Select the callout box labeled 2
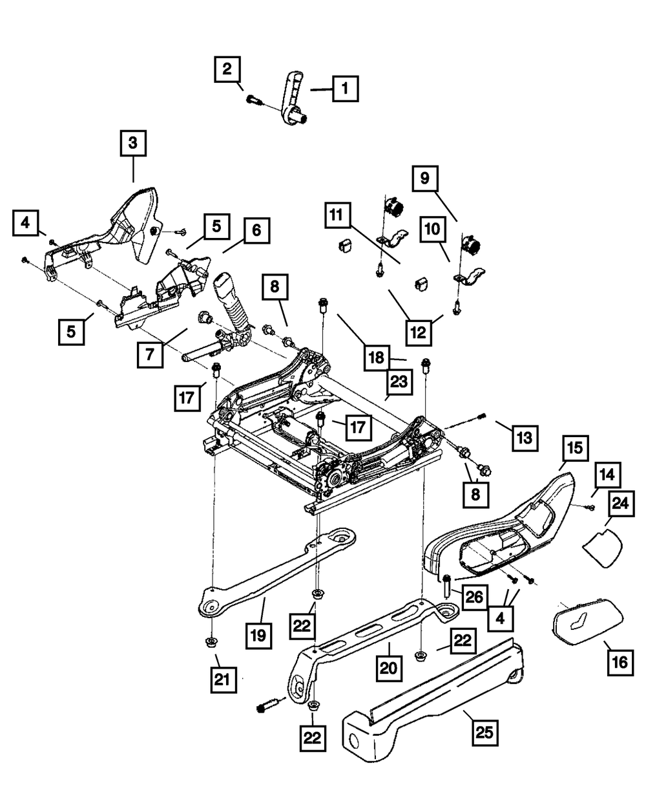(227, 69)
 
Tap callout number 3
(132, 144)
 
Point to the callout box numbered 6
(256, 231)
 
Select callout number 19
(258, 636)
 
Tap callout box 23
(399, 382)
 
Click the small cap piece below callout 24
(602, 547)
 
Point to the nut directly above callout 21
(211, 641)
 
